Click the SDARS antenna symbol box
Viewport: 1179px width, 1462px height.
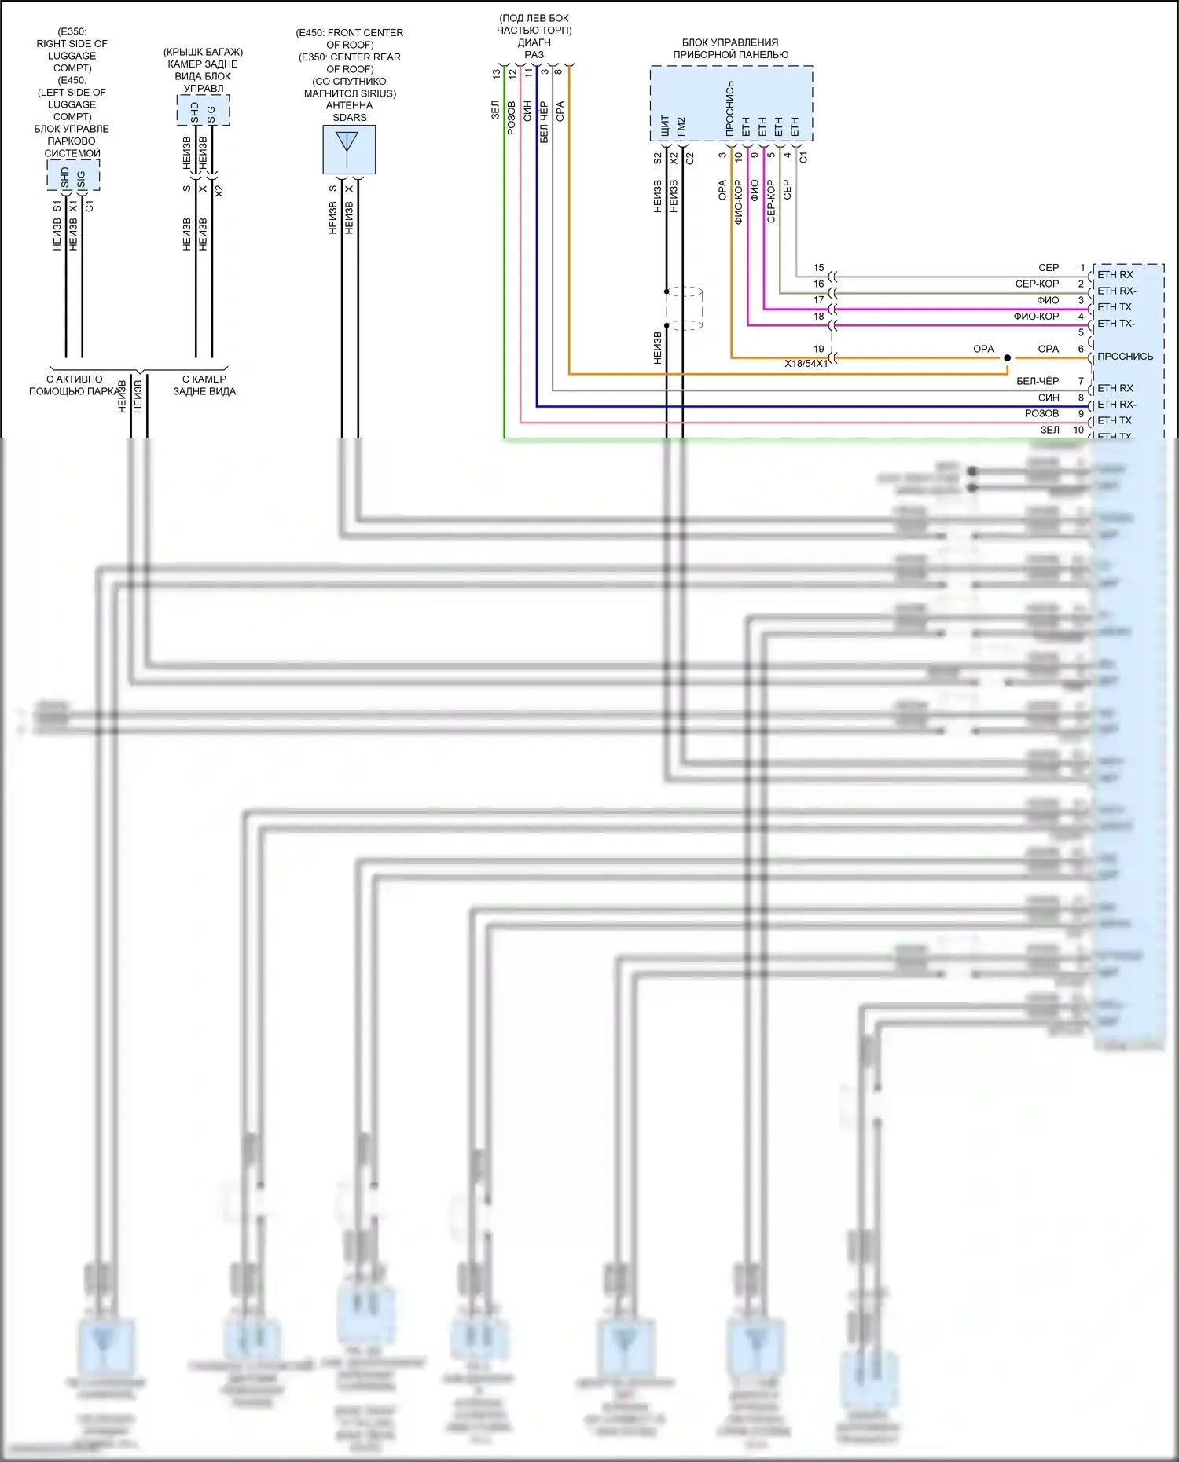click(349, 149)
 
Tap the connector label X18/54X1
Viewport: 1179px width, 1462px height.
click(806, 364)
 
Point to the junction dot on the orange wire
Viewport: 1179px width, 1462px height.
click(1007, 358)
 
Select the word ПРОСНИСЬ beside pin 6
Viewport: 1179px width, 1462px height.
click(1125, 357)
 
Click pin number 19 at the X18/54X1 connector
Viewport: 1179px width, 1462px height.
click(819, 349)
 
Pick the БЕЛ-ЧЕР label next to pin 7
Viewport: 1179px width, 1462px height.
click(1038, 381)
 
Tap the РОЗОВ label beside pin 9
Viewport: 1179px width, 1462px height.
click(1041, 413)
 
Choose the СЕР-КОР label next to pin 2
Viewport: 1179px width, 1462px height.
click(1037, 284)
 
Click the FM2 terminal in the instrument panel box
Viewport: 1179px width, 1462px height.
click(681, 128)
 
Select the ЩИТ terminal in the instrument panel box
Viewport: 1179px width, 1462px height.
click(666, 127)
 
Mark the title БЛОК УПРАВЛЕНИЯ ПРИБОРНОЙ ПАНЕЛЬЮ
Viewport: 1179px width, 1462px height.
click(730, 49)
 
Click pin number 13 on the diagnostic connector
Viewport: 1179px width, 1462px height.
click(496, 74)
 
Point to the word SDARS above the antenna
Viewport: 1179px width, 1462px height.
click(350, 118)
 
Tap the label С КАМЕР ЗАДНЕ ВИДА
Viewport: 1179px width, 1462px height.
click(204, 385)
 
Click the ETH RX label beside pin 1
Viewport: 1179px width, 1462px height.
click(1115, 275)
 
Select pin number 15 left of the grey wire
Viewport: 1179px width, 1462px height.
click(819, 268)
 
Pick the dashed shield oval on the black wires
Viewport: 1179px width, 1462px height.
click(684, 308)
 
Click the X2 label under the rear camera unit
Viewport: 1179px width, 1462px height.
click(219, 190)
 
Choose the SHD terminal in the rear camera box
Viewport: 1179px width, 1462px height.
click(195, 113)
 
